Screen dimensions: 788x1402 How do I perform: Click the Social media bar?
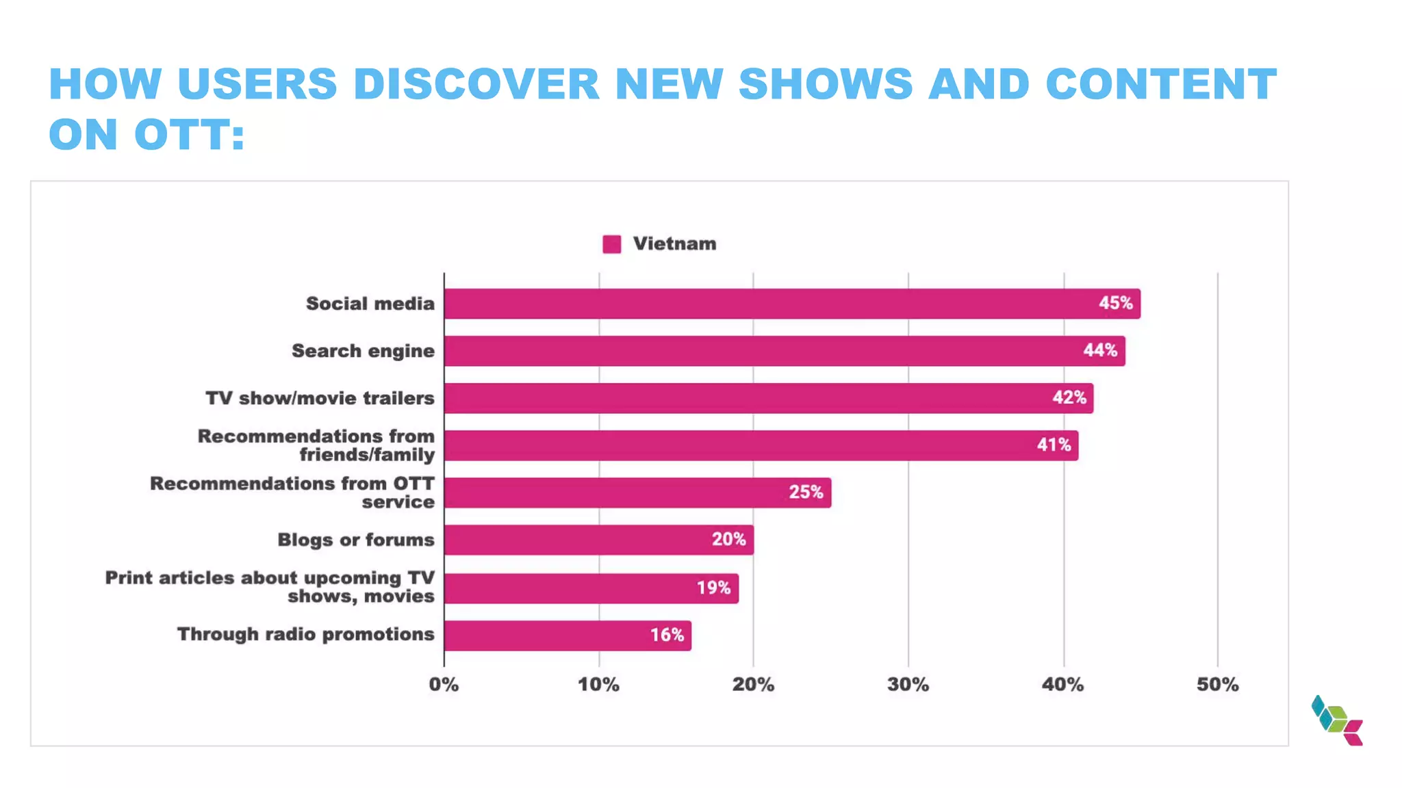tap(791, 304)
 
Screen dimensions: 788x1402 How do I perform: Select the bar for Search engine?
tap(784, 351)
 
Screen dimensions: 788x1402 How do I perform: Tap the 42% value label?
tap(1069, 397)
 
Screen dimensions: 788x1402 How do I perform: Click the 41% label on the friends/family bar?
tap(1054, 445)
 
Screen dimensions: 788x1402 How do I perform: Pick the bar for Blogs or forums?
tap(598, 540)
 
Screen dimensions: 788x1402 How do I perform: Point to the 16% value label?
tap(667, 635)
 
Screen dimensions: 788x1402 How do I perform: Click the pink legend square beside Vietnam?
tap(611, 244)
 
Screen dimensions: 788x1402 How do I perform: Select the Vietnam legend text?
tap(674, 244)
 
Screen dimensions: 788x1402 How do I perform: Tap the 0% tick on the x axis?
tap(444, 685)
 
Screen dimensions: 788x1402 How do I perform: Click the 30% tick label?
tap(908, 685)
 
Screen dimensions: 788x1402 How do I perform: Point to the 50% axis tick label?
tap(1217, 685)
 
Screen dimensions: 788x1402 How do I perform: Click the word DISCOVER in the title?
tap(476, 84)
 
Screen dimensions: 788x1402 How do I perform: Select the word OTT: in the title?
tap(189, 134)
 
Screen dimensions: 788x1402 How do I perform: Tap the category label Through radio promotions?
tap(305, 634)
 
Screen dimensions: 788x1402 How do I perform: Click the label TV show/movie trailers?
tap(320, 398)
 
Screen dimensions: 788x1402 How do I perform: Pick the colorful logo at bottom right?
tap(1337, 720)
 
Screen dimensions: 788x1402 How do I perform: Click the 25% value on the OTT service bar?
tap(806, 492)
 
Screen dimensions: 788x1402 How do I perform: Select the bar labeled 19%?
tap(591, 588)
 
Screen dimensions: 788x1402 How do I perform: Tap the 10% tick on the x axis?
tap(598, 685)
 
